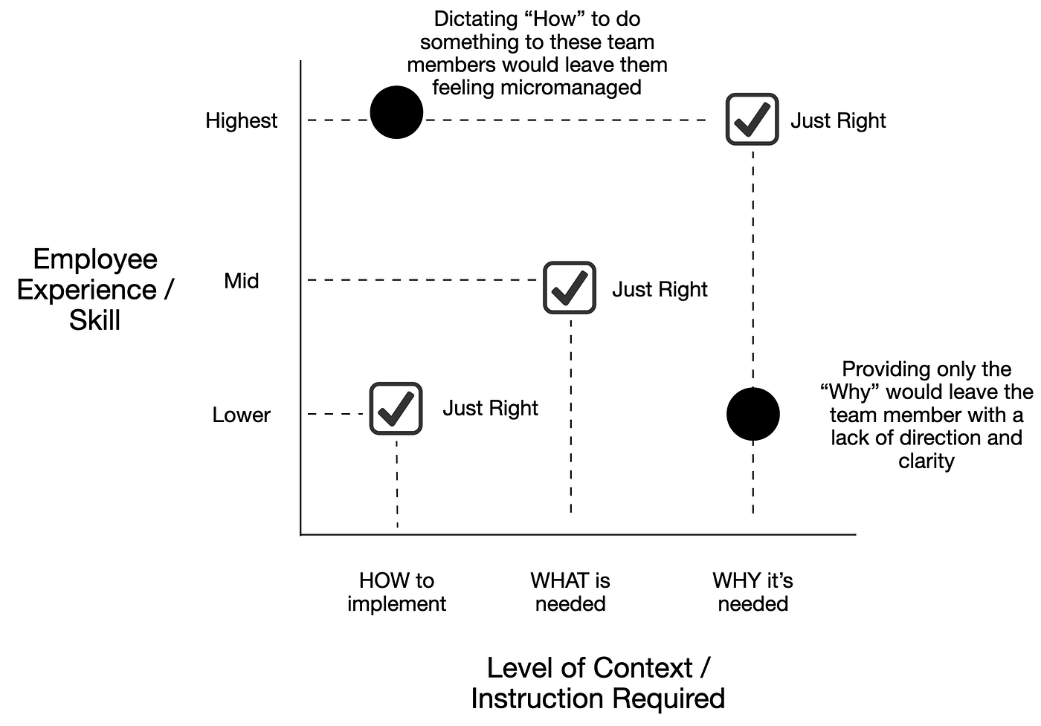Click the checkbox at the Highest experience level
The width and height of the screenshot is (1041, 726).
[x=752, y=119]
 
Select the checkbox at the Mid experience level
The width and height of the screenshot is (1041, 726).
[x=570, y=288]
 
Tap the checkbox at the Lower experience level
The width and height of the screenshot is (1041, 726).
[x=396, y=408]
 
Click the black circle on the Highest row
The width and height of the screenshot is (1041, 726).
[x=396, y=112]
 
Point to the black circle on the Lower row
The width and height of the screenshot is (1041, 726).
[x=752, y=414]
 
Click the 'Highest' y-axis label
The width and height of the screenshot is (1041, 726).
[x=241, y=120]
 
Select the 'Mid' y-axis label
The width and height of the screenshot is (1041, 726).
[x=241, y=281]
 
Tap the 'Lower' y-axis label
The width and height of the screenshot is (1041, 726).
[x=241, y=415]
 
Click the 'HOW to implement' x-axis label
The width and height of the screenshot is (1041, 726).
[x=396, y=592]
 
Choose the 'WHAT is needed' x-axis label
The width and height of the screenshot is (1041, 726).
[x=570, y=592]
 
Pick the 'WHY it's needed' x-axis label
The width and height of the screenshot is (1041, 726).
[x=752, y=592]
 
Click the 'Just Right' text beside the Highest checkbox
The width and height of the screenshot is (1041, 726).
[x=838, y=120]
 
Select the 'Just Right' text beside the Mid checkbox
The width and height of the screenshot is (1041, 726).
[x=660, y=289]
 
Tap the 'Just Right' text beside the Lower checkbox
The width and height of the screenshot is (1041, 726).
[x=490, y=408]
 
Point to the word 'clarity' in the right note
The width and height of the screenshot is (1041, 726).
[x=926, y=461]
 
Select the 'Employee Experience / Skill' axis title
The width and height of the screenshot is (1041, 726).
[x=94, y=289]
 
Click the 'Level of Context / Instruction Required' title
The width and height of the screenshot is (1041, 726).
[x=598, y=683]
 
